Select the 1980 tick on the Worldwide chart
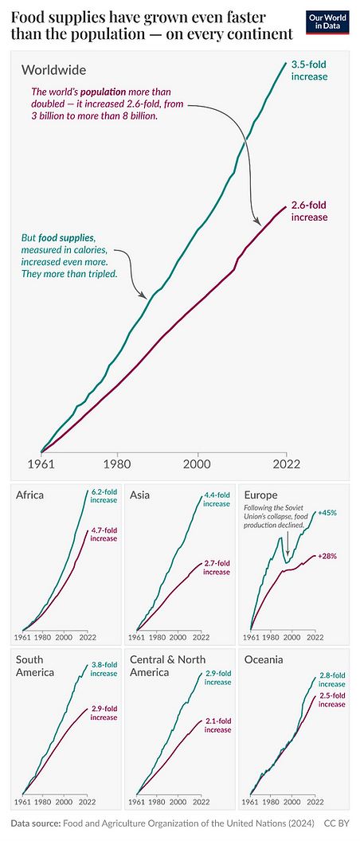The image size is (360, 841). [x=117, y=464]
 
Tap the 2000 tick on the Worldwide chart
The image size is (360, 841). [x=197, y=464]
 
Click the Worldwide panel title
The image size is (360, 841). [x=53, y=71]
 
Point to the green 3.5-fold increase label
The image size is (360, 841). [x=311, y=69]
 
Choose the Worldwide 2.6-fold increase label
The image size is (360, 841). [x=311, y=211]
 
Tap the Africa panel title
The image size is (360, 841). [x=29, y=495]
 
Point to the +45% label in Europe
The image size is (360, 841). [x=327, y=514]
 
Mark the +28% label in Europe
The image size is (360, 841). [x=327, y=555]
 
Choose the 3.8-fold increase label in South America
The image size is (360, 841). [x=104, y=669]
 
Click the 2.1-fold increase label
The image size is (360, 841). [x=216, y=726]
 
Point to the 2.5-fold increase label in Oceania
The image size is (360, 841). [x=332, y=700]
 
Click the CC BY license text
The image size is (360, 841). [x=336, y=823]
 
